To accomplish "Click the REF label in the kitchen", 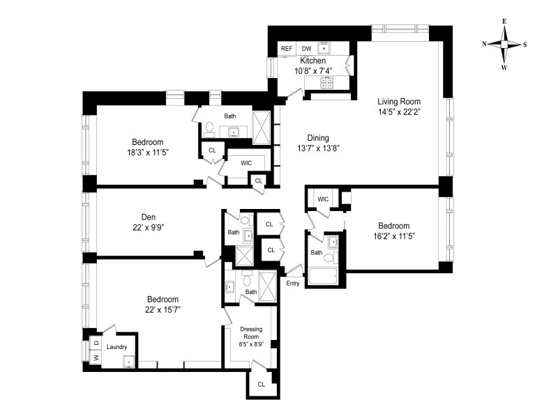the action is click(287, 49).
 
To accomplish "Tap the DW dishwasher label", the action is click(306, 49).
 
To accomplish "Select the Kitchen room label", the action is click(312, 61).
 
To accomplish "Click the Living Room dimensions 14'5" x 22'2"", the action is click(399, 112).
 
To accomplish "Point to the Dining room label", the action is click(318, 138).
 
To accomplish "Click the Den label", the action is click(149, 217).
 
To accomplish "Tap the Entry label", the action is click(293, 284).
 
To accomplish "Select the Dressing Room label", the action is click(251, 333).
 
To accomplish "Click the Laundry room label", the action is click(116, 347).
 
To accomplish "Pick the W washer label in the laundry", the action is click(96, 357).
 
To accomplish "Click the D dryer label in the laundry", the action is click(96, 343).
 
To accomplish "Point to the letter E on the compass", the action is click(504, 22).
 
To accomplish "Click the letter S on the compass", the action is click(525, 45).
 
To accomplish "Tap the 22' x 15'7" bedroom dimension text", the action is click(163, 309).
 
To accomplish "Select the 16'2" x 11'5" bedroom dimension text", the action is click(394, 236).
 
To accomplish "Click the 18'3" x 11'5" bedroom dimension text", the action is click(148, 153).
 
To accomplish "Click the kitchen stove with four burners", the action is click(327, 83).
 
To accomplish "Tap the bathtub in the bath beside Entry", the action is click(323, 276).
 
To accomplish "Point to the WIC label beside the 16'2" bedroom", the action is click(323, 199).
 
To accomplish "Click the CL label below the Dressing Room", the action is click(262, 385).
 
